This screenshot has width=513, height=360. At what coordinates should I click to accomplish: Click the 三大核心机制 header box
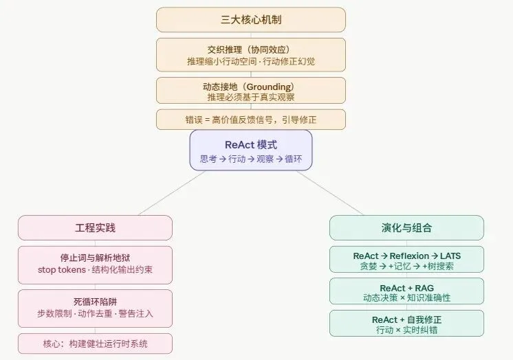tap(250, 19)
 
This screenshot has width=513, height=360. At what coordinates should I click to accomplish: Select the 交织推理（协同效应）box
tap(250, 55)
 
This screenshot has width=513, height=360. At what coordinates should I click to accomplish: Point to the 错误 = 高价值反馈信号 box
tap(250, 120)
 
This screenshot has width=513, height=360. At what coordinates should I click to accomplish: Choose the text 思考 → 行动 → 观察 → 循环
tap(250, 159)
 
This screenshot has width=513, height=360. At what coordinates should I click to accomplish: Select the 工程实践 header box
tap(95, 227)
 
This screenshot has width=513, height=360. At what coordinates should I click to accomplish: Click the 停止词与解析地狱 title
tap(95, 258)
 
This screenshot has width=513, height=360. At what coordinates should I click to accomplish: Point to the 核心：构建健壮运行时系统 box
tap(95, 343)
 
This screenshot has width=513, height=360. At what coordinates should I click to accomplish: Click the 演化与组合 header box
tap(406, 227)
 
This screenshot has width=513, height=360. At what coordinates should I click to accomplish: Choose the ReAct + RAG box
tap(406, 292)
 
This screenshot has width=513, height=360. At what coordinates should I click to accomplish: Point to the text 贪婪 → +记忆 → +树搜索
tap(406, 266)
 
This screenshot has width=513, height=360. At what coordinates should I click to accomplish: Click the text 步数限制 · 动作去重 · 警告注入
tap(95, 313)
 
